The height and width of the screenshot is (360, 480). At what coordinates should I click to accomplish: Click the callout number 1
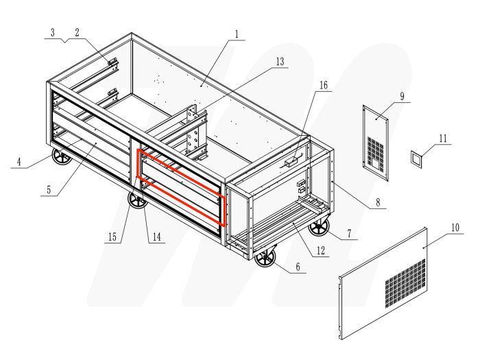(236, 34)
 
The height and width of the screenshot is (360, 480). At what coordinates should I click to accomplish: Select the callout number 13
(279, 62)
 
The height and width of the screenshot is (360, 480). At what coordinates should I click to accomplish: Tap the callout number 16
(324, 86)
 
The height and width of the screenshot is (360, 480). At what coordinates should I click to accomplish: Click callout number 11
(442, 138)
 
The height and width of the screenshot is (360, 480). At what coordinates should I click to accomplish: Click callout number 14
(156, 238)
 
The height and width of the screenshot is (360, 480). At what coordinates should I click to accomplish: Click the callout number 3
(52, 32)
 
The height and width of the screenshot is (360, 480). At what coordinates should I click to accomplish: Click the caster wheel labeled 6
(265, 259)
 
